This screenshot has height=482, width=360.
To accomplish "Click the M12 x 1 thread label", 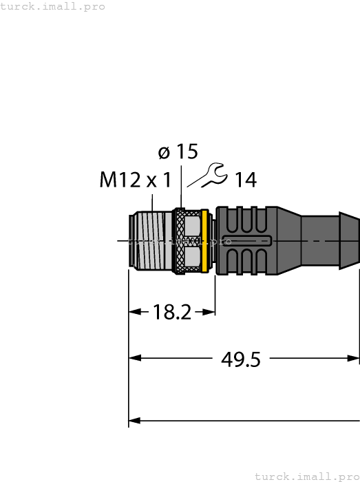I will coord(135,180).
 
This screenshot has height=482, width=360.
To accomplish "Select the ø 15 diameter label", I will coord(178,152).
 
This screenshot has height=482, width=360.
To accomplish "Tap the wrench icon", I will coord(207,175).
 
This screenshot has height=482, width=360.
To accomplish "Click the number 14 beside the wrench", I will coord(245,180).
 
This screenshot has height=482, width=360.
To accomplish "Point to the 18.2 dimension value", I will coord(171,312).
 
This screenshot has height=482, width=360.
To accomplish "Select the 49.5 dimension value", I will coord(240,359).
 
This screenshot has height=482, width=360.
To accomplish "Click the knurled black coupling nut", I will coord(179,241).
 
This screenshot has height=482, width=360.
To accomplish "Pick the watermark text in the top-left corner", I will coord(53,6).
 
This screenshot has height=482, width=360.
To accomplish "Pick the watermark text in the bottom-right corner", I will coord(307,476).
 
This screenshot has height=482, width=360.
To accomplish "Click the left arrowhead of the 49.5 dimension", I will coord(135,358).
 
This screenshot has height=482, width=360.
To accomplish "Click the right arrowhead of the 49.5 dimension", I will coord(354,358).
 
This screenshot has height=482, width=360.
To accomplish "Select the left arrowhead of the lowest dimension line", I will coord(135,420).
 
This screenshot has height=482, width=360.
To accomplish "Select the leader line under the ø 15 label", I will coord(181,186).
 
